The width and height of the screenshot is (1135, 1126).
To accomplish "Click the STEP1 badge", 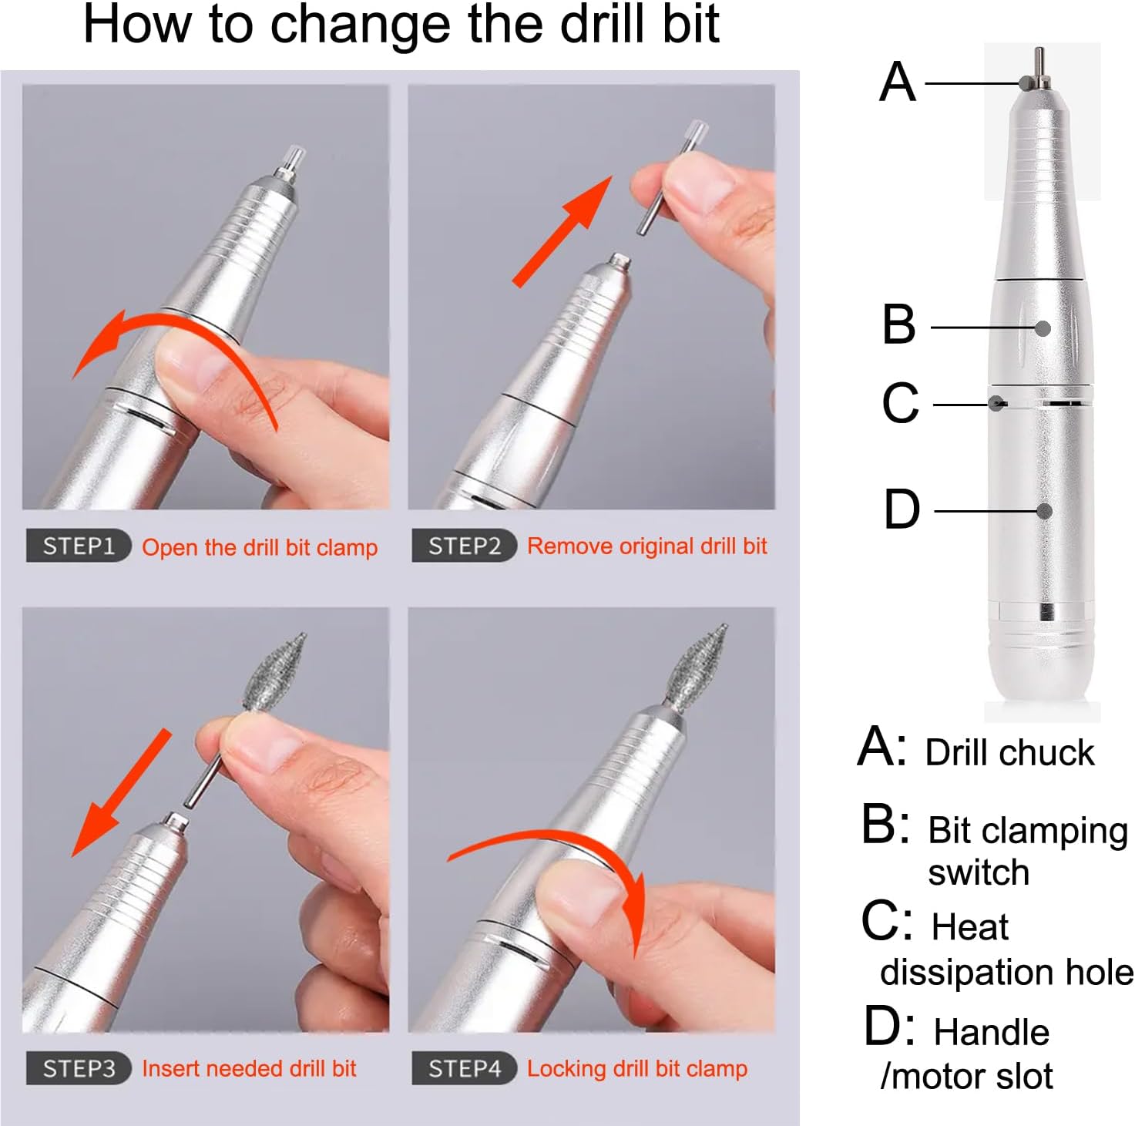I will coord(78,546).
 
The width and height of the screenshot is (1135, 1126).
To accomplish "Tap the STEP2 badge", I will coord(464,546).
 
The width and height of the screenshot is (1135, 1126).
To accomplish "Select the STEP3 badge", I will coord(78,1068).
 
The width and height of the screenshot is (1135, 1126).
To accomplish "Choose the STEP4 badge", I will coord(464,1068).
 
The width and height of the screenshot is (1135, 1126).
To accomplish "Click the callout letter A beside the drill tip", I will coord(898,82).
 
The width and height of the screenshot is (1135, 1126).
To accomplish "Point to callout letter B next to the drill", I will coord(898,324).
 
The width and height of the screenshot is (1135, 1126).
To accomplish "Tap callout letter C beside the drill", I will coord(900,402).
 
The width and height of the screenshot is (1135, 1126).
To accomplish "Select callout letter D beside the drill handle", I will coord(901,509).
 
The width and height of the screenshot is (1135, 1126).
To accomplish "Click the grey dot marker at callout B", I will coord(1043,328).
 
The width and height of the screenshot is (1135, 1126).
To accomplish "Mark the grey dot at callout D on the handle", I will coord(1044,511).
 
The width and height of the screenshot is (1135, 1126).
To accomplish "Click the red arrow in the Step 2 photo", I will coord(562,231).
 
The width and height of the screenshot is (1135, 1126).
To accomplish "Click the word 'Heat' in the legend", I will coord(969,926).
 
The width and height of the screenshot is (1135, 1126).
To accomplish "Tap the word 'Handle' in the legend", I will coord(991,1032).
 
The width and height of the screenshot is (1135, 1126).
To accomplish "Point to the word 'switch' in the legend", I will coord(979,872).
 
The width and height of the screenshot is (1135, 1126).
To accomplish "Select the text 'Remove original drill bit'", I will coord(646,546).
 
